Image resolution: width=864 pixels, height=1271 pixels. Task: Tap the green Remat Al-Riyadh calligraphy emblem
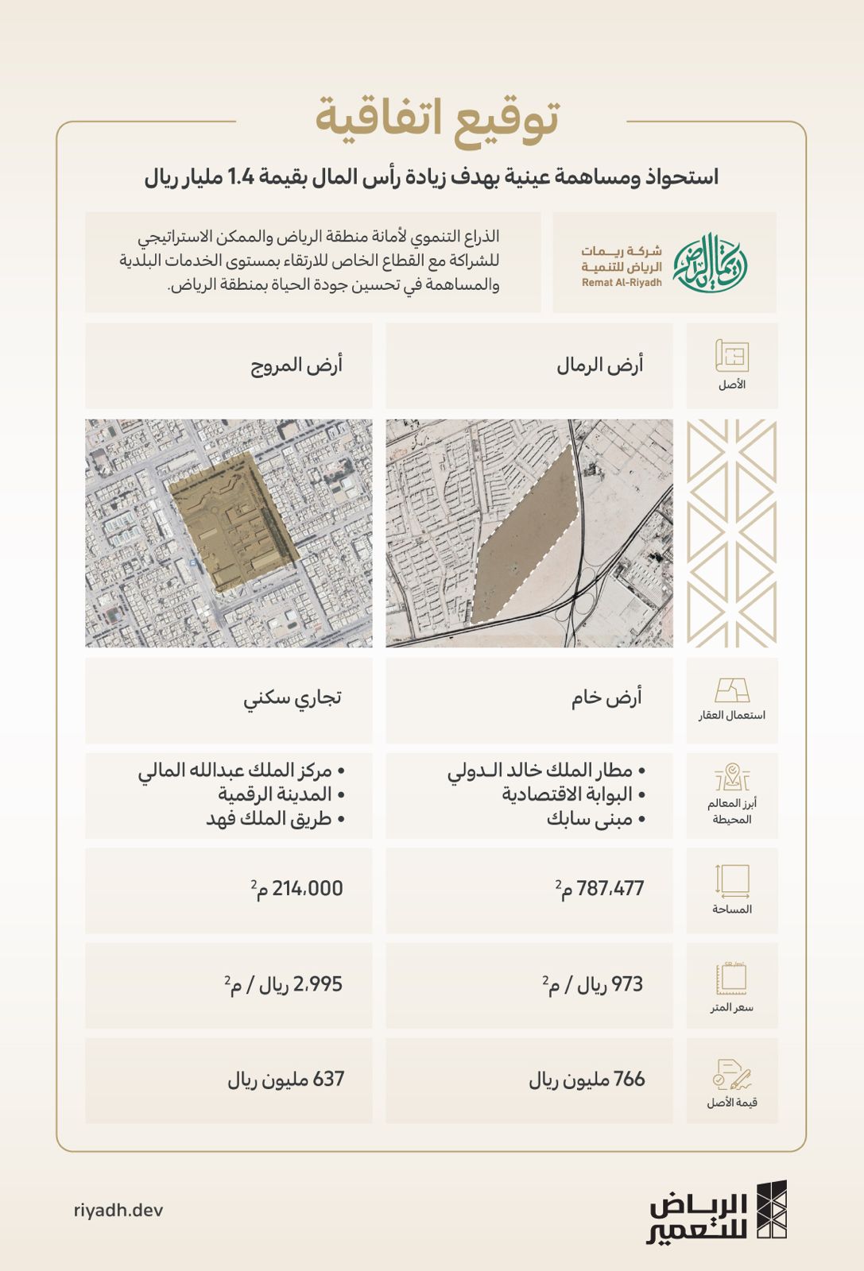710,261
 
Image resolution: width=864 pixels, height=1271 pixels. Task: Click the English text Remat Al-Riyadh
622,283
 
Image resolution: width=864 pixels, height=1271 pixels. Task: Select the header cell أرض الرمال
600,365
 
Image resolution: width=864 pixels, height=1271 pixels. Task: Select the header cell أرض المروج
296,365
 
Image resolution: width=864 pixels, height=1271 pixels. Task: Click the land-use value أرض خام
606,698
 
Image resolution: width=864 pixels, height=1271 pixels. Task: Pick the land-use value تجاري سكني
293,698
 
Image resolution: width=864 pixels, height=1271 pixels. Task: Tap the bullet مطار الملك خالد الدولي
544,771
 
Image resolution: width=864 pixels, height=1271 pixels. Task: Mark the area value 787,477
610,889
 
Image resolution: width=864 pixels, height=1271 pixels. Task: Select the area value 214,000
307,889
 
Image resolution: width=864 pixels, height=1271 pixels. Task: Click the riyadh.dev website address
118,1210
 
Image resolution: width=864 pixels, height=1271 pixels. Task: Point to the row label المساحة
732,910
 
